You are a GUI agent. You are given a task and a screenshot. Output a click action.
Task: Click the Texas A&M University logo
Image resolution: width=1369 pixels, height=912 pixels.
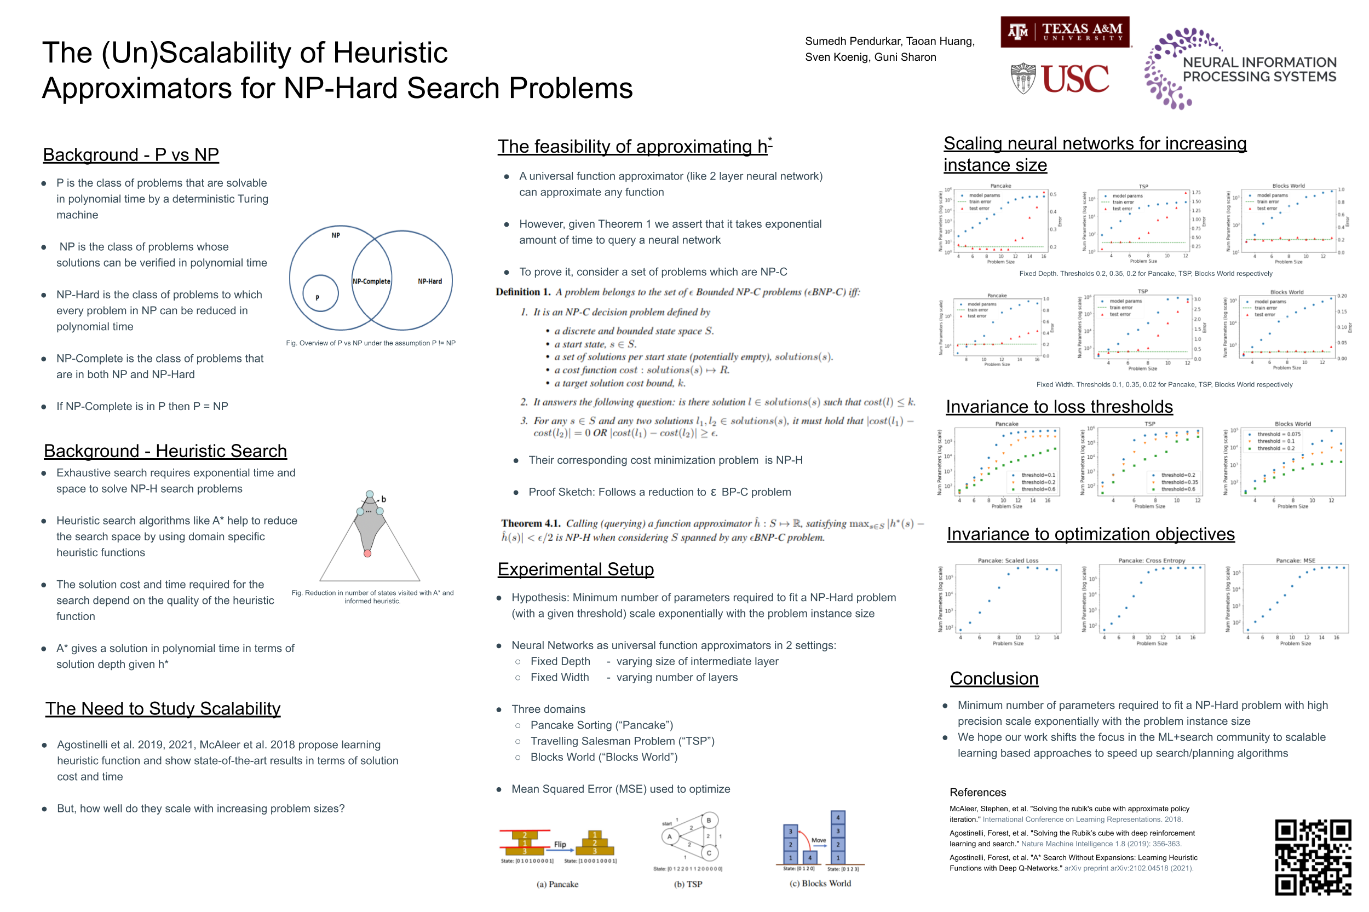[1064, 31]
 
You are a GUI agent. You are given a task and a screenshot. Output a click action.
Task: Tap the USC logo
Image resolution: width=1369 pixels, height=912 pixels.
[1060, 79]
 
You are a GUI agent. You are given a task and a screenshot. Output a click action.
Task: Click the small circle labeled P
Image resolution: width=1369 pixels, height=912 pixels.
[320, 294]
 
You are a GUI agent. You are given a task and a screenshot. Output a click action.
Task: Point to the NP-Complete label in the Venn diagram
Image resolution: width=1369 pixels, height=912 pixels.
[371, 281]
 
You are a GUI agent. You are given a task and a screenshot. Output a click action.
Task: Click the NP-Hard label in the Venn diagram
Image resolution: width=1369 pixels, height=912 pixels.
[429, 281]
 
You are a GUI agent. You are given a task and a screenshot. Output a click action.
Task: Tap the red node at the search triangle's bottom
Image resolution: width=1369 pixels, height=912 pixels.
[367, 553]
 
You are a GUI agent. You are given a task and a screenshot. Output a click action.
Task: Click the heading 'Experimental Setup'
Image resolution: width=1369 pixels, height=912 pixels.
[576, 569]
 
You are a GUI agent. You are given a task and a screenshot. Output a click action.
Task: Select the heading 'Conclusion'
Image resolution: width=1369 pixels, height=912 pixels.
[994, 678]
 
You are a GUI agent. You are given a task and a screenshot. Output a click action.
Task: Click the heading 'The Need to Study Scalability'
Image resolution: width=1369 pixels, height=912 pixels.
[163, 708]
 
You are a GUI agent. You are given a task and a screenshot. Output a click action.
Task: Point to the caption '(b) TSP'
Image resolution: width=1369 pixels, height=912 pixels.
[688, 884]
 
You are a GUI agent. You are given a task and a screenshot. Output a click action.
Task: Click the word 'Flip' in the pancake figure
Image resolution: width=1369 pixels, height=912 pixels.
[560, 844]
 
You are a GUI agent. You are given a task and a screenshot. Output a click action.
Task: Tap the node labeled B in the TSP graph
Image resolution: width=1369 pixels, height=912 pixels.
[709, 820]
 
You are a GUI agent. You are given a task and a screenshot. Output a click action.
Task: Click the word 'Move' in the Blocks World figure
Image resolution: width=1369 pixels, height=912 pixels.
[819, 840]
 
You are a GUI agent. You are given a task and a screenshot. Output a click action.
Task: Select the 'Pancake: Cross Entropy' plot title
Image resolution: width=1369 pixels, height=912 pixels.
[1152, 561]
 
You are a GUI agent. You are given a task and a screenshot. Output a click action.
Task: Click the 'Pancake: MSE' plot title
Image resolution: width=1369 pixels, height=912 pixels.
[1295, 561]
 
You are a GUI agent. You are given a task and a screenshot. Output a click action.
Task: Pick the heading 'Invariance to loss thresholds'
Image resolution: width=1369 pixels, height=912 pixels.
[1059, 407]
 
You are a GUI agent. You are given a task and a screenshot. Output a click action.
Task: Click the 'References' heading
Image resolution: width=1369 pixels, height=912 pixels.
[977, 792]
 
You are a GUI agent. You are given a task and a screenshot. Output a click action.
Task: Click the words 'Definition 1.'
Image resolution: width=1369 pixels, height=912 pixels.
[522, 292]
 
